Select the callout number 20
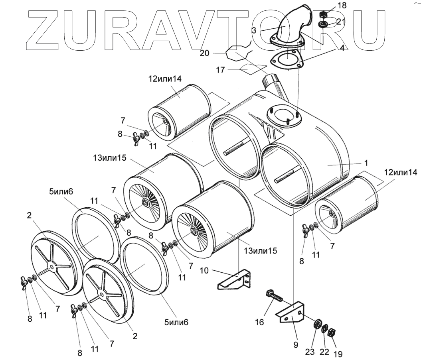[204, 53]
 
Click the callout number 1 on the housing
[366, 163]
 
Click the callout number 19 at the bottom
[338, 354]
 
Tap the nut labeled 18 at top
[323, 15]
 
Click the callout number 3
[254, 30]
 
